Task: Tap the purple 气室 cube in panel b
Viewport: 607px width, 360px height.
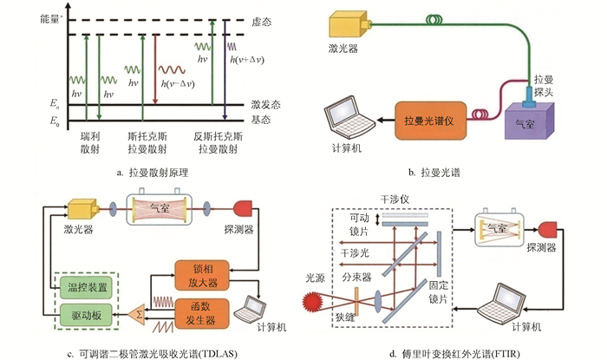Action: pos(532,119)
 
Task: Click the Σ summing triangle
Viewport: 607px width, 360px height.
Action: pos(135,310)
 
